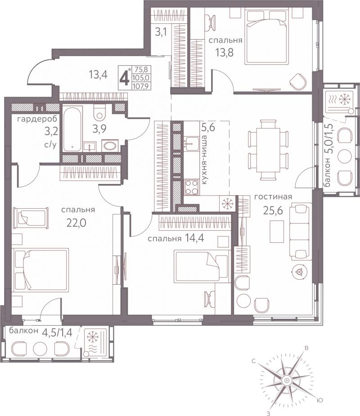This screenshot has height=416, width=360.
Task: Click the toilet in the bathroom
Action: click(100, 112)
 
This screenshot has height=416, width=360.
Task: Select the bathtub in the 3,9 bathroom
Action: click(72, 129)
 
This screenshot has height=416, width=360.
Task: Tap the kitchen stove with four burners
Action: click(191, 187)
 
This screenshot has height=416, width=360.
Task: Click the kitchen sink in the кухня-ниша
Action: click(191, 144)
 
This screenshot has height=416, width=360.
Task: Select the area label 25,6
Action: click(273, 210)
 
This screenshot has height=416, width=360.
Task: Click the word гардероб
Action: click(37, 119)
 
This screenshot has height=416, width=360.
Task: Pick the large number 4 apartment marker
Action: click(124, 78)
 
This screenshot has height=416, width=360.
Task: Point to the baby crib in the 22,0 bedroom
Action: click(31, 218)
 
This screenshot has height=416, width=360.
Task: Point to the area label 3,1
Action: click(161, 32)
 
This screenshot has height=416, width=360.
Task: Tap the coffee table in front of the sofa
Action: click(277, 232)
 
